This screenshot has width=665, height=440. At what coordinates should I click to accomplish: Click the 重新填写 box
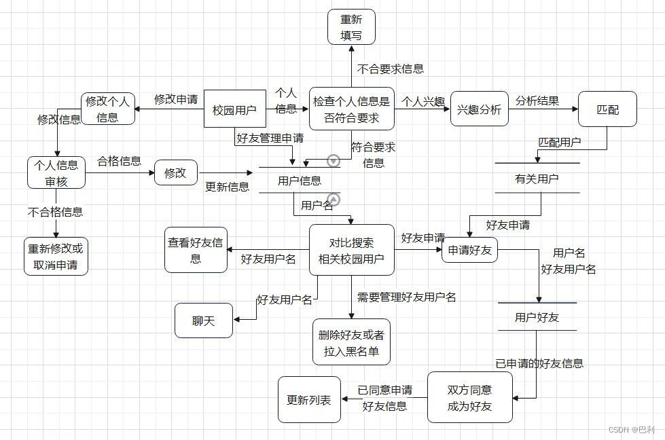351,26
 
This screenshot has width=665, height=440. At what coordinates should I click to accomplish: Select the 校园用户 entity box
234,109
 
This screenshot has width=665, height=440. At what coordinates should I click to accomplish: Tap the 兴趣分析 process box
479,109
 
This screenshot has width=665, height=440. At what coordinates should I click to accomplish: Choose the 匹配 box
607,109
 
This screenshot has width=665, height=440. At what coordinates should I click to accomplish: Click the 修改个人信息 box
107,109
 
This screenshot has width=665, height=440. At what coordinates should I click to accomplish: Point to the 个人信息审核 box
56,172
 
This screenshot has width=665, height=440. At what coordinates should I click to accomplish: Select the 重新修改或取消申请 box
56,256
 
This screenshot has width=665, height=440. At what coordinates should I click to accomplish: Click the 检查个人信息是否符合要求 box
351,109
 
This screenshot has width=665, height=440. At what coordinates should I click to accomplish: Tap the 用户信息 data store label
300,181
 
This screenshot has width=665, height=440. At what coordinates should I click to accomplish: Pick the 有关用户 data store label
537,179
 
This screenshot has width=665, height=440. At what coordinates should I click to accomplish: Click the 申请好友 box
469,251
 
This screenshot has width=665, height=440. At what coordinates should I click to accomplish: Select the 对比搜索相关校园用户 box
351,250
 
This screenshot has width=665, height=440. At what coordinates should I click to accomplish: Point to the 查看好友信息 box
196,250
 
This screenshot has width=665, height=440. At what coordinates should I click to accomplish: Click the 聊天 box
203,320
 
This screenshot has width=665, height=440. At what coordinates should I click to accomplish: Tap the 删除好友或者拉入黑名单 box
351,342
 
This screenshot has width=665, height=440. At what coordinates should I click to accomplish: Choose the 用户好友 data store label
537,317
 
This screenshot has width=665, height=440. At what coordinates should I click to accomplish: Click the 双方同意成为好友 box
469,398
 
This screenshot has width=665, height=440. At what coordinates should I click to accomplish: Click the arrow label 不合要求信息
391,68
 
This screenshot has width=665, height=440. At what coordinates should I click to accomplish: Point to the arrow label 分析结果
537,101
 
